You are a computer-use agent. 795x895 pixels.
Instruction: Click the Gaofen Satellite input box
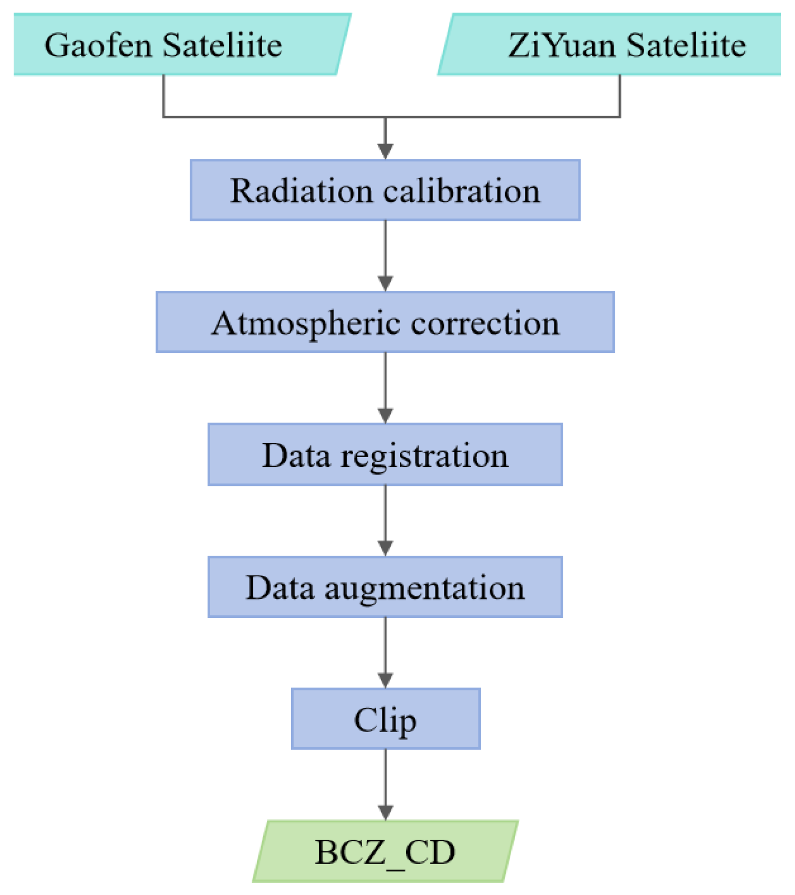tap(179, 45)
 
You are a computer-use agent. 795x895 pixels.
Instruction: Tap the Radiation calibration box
tap(385, 190)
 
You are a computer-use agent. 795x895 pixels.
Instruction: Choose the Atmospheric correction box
tap(385, 322)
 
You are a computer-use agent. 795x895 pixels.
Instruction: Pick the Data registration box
tap(385, 454)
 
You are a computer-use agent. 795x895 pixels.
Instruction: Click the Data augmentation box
tap(385, 587)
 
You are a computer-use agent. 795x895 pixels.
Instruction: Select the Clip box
tap(385, 719)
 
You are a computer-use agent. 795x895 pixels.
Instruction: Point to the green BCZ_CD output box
tap(385, 851)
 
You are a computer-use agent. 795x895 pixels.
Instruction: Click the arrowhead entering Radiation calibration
tap(386, 151)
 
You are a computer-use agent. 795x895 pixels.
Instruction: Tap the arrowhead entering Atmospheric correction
tap(386, 283)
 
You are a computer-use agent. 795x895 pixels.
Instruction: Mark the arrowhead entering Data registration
tap(386, 415)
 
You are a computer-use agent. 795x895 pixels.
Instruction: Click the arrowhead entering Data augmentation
tap(386, 548)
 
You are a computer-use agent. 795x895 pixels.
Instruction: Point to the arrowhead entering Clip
tap(386, 680)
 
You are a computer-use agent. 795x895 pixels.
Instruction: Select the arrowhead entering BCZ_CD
tap(386, 812)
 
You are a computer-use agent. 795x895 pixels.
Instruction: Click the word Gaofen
tap(98, 46)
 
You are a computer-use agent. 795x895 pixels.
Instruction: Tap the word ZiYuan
tap(562, 46)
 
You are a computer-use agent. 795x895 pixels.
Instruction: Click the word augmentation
tap(425, 589)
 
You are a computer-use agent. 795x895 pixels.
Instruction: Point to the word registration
tap(425, 456)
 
